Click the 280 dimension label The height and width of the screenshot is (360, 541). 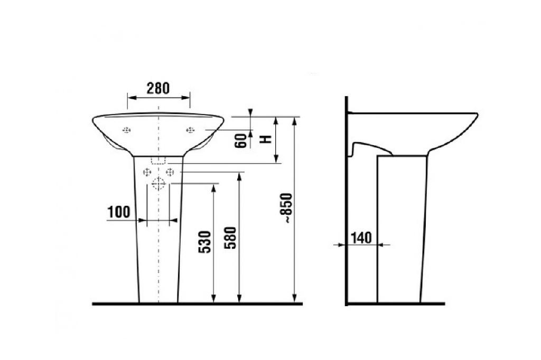click(158, 88)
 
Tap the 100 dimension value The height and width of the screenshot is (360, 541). click(119, 212)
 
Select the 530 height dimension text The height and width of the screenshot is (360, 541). click(205, 242)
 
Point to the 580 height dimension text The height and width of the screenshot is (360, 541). click(230, 238)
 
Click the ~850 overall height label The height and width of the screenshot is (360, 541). click(287, 209)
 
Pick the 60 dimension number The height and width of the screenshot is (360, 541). click(241, 141)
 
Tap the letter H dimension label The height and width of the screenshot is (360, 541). click(266, 139)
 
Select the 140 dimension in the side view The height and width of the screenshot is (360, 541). click(361, 238)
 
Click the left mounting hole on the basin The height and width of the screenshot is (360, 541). click(127, 130)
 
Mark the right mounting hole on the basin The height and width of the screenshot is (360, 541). click(190, 130)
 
